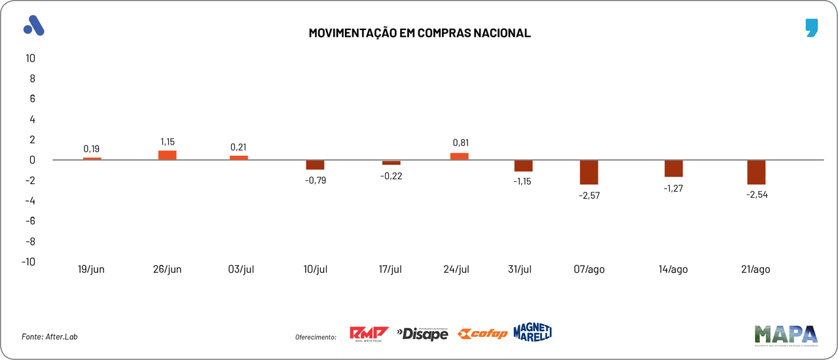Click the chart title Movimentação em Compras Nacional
click(x=419, y=33)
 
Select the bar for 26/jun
click(x=168, y=155)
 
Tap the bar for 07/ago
click(x=589, y=172)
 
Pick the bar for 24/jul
click(x=459, y=156)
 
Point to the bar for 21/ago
click(x=756, y=172)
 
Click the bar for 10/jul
click(x=315, y=165)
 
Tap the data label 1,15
click(x=168, y=141)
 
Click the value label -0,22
click(x=391, y=175)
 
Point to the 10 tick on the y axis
click(x=29, y=58)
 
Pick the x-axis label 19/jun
click(x=91, y=270)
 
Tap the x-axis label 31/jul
click(x=521, y=270)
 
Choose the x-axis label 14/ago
click(x=673, y=270)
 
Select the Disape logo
click(x=422, y=334)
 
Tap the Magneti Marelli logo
click(x=532, y=332)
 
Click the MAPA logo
click(x=786, y=334)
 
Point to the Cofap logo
click(x=483, y=334)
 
